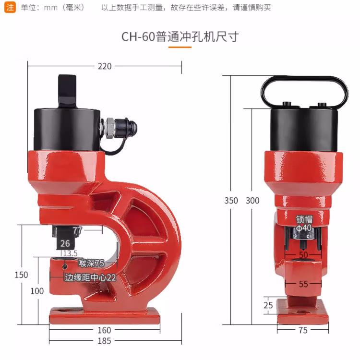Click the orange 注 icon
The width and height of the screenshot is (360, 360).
tap(10, 7)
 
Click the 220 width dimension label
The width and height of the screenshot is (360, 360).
tap(105, 66)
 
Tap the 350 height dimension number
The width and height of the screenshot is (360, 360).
tap(231, 201)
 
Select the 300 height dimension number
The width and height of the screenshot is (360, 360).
tap(252, 201)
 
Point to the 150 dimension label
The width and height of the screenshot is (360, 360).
tap(21, 275)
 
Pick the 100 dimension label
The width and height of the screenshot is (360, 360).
tap(37, 291)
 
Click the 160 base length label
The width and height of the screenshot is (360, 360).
tap(104, 330)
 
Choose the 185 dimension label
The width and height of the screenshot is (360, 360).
tap(104, 341)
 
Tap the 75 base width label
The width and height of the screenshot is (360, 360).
tap(303, 330)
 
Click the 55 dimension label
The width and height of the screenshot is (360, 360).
tap(303, 284)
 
